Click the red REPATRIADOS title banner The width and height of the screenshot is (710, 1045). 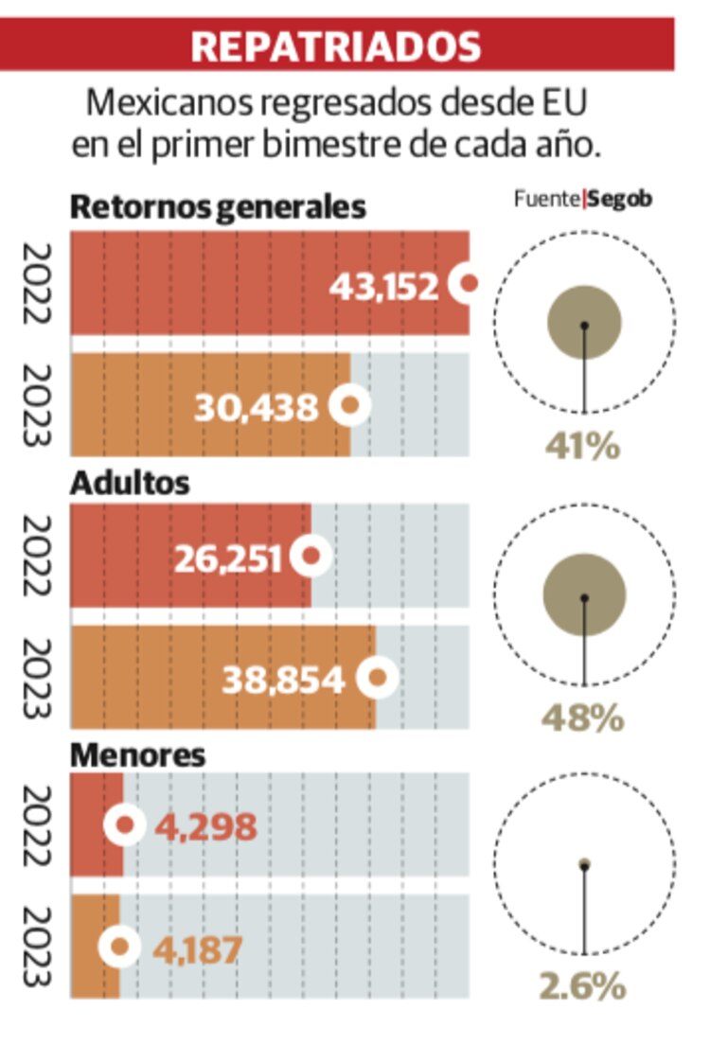(x=337, y=44)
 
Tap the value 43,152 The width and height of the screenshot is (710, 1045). (x=384, y=285)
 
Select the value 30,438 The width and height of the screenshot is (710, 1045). (x=257, y=407)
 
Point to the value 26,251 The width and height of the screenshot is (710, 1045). (x=229, y=558)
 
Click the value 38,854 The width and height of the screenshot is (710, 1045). (x=284, y=679)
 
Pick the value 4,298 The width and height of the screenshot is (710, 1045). (x=206, y=826)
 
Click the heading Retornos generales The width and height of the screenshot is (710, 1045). (x=219, y=207)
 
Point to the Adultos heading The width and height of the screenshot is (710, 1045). (x=131, y=483)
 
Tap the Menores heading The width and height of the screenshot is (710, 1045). (x=138, y=755)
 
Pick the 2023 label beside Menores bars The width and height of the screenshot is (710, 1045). (x=35, y=947)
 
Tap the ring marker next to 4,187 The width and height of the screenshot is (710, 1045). (x=120, y=947)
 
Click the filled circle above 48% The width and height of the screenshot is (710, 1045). (x=584, y=596)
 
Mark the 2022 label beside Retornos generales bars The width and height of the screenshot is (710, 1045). (x=35, y=283)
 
